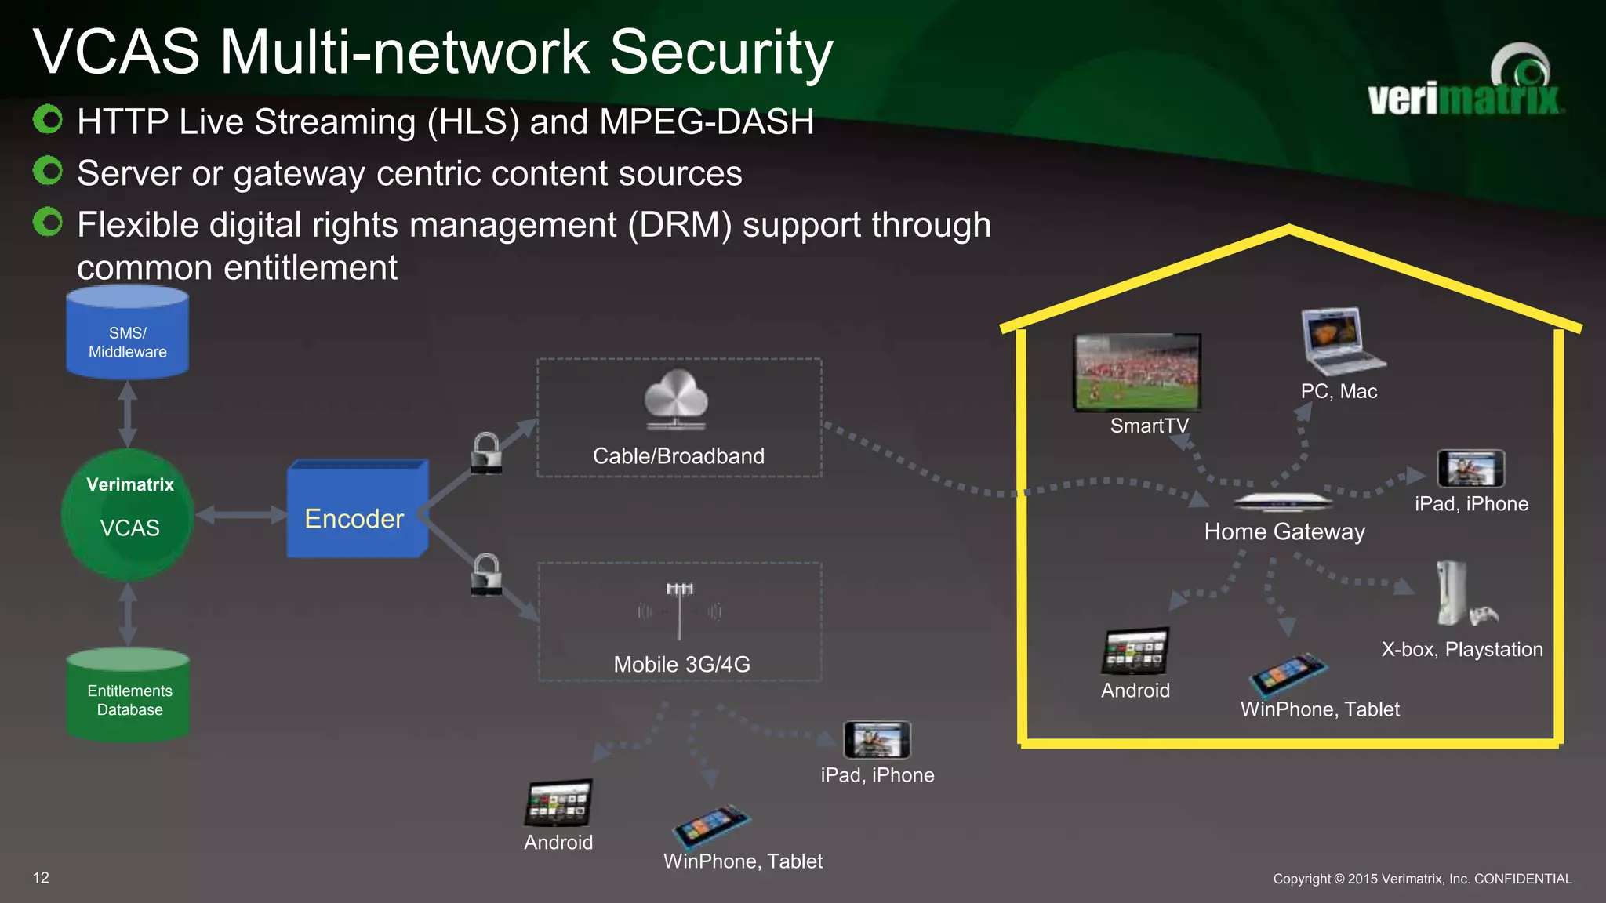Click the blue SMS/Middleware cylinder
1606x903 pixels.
127,333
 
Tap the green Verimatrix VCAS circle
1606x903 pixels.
128,514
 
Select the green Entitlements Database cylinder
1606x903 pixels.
129,694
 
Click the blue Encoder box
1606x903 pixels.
357,510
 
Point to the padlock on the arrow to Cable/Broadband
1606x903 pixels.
486,453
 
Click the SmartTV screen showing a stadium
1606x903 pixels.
1137,372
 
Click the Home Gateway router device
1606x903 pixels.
1282,502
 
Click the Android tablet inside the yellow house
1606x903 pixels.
1135,651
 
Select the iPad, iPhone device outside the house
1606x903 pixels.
877,739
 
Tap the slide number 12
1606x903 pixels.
41,878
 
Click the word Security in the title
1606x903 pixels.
721,53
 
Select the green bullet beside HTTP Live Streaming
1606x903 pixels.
48,120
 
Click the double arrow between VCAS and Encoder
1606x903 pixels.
241,515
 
